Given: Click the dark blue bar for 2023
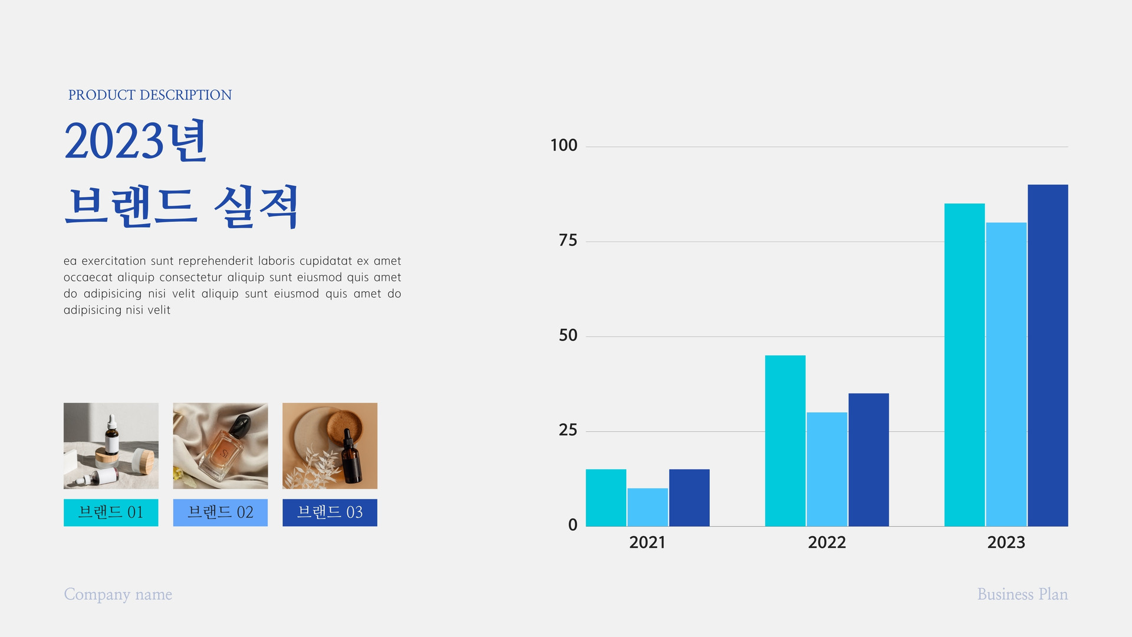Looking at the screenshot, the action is (x=1048, y=355).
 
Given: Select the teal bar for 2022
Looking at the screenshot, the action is (x=785, y=441).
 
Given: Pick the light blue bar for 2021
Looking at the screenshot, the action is (x=647, y=507).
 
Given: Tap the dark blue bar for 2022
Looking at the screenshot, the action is (x=868, y=459).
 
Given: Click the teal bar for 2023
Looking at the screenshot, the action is (x=965, y=365).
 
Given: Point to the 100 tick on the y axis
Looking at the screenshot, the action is (x=564, y=145).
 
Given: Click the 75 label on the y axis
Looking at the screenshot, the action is (x=568, y=240).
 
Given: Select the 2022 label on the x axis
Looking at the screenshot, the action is (x=827, y=542).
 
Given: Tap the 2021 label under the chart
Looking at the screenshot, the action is (x=647, y=542).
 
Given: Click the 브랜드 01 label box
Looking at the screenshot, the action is (x=111, y=513).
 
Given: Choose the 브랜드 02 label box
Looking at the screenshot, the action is (x=220, y=513).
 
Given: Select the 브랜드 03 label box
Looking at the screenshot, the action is (x=330, y=513).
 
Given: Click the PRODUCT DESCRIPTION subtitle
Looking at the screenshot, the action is (x=150, y=95).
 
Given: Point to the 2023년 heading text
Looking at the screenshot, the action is (x=135, y=141).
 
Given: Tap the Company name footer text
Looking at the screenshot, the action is (x=118, y=595).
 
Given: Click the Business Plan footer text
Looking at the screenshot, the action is (x=1022, y=594).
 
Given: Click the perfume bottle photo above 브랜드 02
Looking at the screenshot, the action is (x=221, y=446).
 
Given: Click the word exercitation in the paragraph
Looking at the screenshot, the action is (x=114, y=261).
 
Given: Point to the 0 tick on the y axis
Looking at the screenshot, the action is (x=572, y=525).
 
